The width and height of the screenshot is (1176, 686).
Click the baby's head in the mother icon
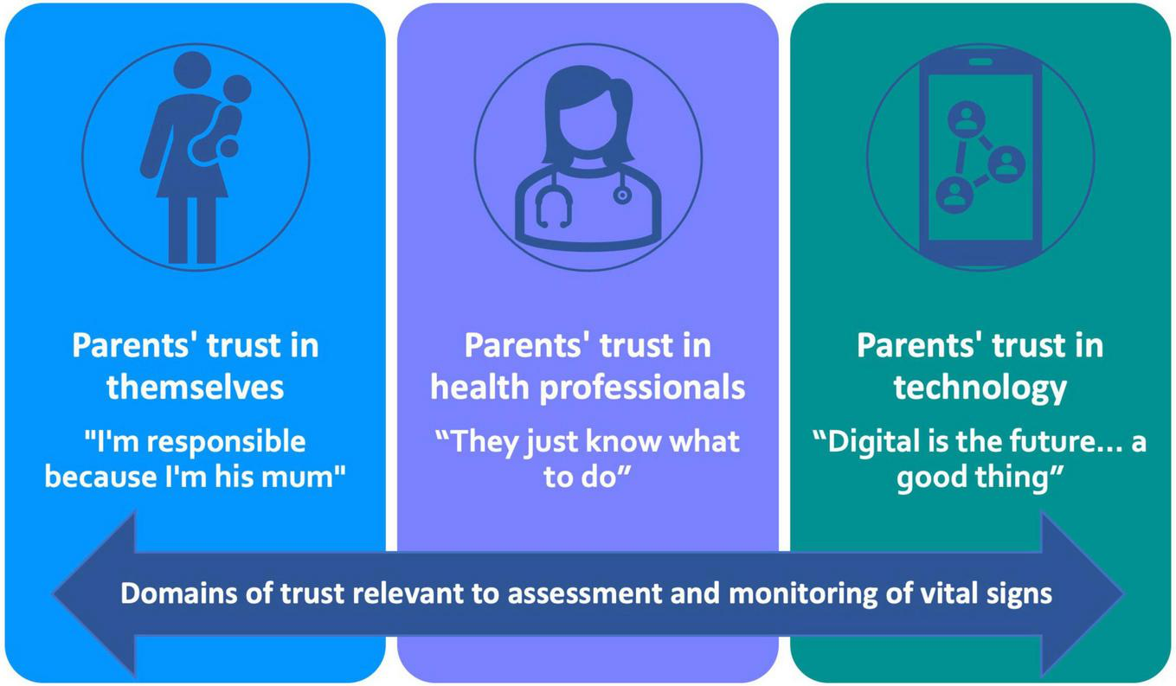[x=236, y=89]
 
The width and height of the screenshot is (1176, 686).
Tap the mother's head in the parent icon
[x=192, y=70]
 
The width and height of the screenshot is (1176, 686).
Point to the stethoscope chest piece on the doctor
[x=622, y=196]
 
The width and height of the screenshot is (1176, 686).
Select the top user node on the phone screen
[x=966, y=119]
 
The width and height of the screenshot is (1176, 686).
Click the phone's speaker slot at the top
[x=980, y=61]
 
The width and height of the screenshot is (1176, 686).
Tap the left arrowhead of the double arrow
[x=94, y=593]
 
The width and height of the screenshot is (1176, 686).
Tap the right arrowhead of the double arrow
[x=1083, y=593]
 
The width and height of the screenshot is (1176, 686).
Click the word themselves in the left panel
[x=196, y=388]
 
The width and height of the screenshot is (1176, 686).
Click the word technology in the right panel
[x=980, y=388]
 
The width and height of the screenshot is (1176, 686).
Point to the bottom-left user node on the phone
[x=954, y=195]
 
